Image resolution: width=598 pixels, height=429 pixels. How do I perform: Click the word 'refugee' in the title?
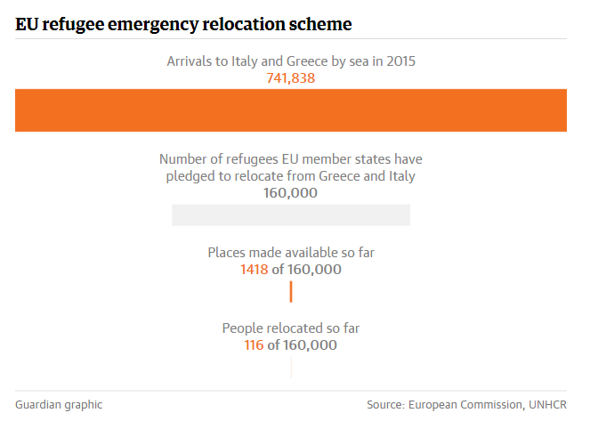point(73,25)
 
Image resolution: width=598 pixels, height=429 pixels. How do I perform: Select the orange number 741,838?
point(291,78)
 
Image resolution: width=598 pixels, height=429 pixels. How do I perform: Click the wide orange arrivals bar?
point(291,110)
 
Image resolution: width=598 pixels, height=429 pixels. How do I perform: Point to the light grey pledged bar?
point(291,215)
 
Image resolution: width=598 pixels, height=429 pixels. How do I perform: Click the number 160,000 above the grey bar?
point(291,193)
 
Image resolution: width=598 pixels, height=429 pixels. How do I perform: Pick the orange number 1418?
point(255,270)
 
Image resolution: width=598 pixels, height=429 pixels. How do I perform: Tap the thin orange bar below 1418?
point(291,292)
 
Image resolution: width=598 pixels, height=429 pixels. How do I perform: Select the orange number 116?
point(254,345)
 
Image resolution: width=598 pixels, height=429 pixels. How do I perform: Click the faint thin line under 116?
point(291,368)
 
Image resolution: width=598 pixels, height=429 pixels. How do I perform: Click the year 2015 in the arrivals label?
point(400,61)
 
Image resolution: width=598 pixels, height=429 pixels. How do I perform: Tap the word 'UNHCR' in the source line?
point(547,405)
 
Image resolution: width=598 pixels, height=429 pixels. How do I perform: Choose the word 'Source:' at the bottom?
point(385,405)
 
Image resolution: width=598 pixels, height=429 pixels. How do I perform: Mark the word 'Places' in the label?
point(226,253)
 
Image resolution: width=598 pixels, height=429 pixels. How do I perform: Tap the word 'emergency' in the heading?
point(153,25)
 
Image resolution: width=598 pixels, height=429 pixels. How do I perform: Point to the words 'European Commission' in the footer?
point(465,405)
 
